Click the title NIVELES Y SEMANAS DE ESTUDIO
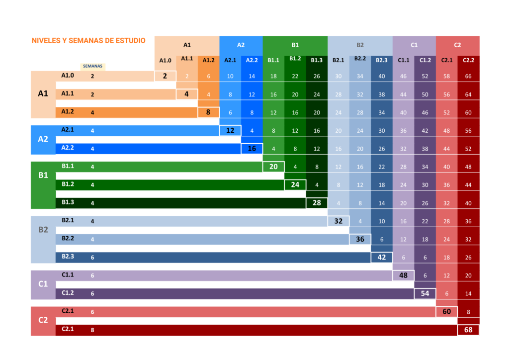88,41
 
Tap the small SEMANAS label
92,66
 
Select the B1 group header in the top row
295,45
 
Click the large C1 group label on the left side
43,284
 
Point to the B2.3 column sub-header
382,60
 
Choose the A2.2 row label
68,148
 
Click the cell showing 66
468,76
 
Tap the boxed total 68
468,330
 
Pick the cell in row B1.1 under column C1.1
403,167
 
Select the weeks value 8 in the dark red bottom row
92,330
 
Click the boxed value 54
425,294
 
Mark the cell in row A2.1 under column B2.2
360,131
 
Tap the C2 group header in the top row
457,45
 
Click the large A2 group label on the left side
43,139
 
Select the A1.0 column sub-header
165,60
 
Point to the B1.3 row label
68,202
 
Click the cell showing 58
447,76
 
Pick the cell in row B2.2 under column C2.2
468,240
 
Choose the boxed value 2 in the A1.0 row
165,76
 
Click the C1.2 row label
68,293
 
